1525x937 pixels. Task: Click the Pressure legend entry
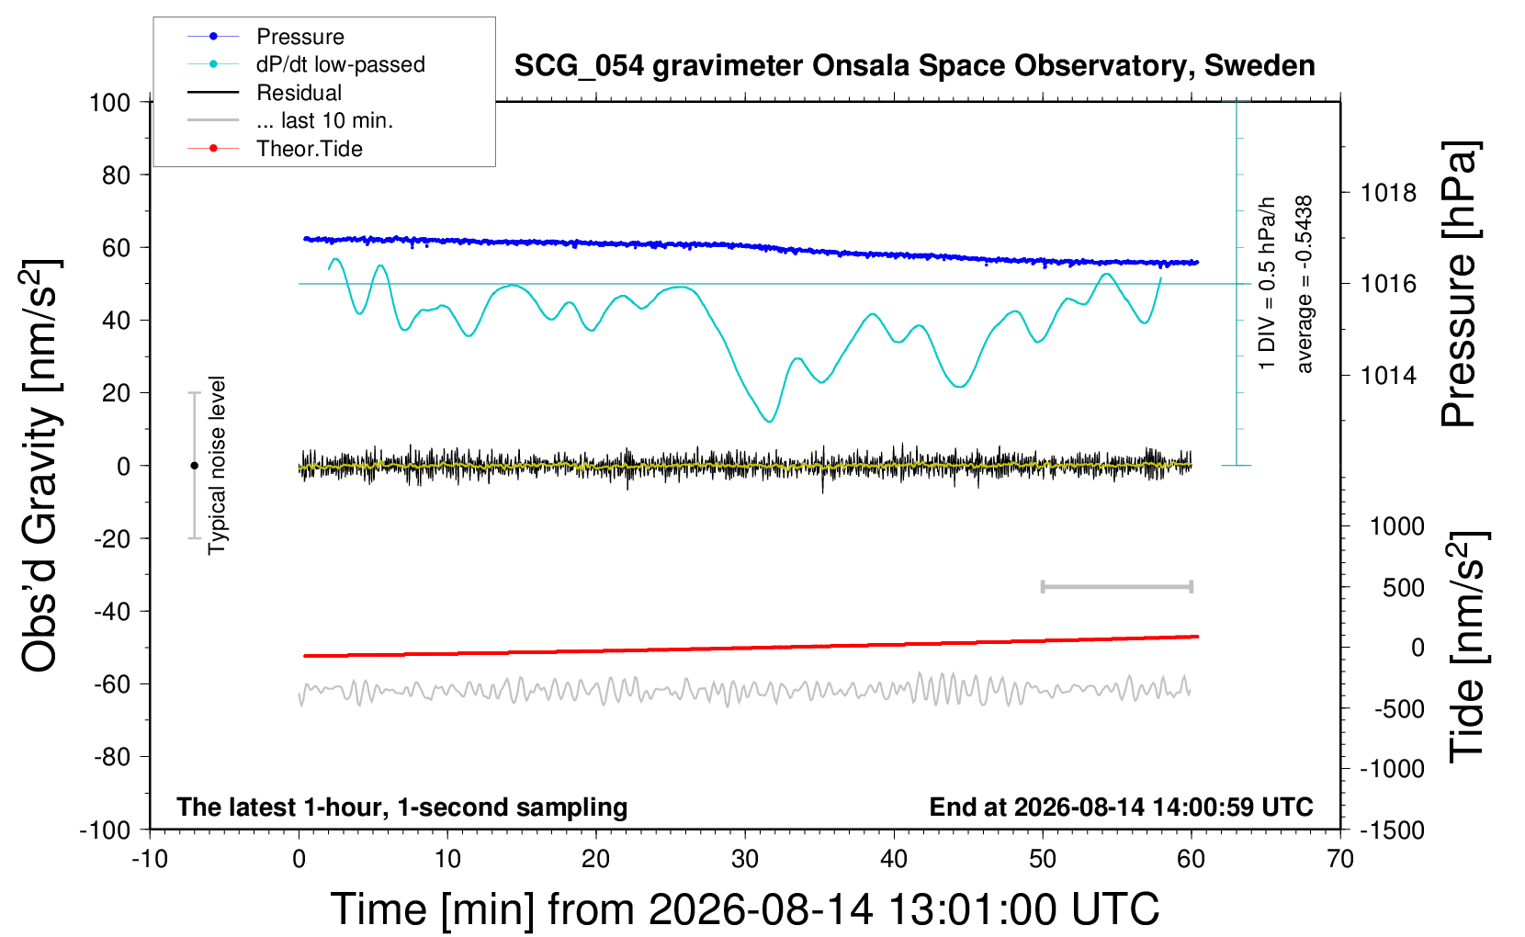(x=265, y=36)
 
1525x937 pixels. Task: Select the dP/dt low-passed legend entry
(x=306, y=64)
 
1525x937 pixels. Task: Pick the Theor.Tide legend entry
(x=275, y=149)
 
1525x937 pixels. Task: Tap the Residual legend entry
(x=265, y=93)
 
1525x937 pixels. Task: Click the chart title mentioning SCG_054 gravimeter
(x=914, y=65)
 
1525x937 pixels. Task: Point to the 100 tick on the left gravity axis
(x=109, y=103)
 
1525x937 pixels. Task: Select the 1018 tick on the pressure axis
(x=1388, y=194)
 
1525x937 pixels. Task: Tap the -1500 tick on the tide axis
(x=1392, y=830)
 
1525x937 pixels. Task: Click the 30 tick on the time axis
(x=745, y=859)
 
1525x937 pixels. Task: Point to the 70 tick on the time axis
(x=1339, y=859)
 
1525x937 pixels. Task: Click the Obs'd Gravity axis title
(x=40, y=466)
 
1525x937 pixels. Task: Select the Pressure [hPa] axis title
(x=1460, y=284)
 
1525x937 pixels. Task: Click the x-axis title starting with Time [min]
(x=745, y=909)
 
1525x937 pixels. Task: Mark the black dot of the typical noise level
(x=194, y=466)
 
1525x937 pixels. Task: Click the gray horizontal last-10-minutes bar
(x=1116, y=586)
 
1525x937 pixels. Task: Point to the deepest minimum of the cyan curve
(x=769, y=422)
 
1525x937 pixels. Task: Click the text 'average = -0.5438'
(x=1304, y=285)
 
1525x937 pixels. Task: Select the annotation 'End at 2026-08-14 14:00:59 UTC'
(x=1121, y=807)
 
